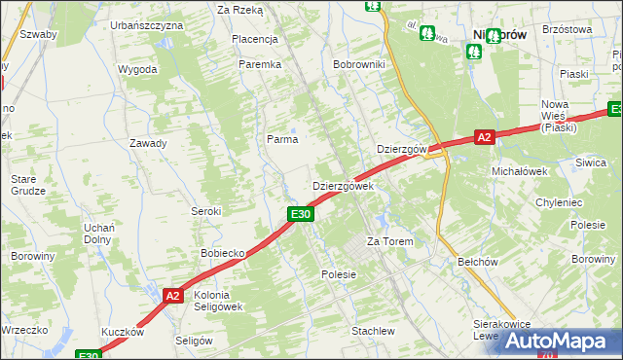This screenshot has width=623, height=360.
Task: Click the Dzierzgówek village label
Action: point(342,185)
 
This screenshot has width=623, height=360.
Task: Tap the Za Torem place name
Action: point(389,241)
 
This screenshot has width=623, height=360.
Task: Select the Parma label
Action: point(282,139)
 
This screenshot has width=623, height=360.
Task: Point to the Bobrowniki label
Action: point(360,64)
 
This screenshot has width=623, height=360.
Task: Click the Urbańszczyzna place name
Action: point(147,23)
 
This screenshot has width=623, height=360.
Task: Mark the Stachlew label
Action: point(373,331)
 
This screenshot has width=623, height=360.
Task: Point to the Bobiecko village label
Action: point(222,253)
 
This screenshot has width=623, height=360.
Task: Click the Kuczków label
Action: point(122,332)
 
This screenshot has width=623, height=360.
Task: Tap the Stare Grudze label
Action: point(29,185)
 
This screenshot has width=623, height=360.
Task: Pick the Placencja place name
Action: point(255,39)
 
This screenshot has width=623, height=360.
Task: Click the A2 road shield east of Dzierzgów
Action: point(485,138)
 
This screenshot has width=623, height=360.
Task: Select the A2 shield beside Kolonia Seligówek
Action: point(172,296)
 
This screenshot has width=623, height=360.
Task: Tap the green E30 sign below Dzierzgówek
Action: point(300,214)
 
